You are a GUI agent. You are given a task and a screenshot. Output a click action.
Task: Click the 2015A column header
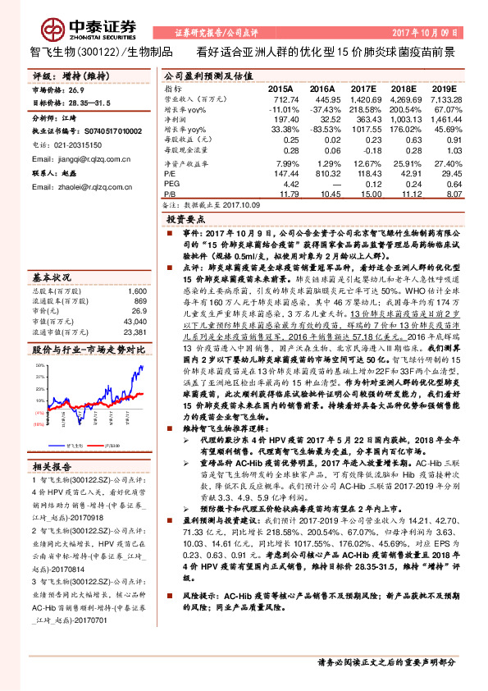pos(280,87)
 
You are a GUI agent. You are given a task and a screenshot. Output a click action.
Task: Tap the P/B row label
pos(171,194)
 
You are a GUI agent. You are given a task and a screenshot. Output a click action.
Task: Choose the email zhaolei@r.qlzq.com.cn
pos(72,187)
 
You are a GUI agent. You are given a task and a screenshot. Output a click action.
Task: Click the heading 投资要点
pos(185,220)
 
